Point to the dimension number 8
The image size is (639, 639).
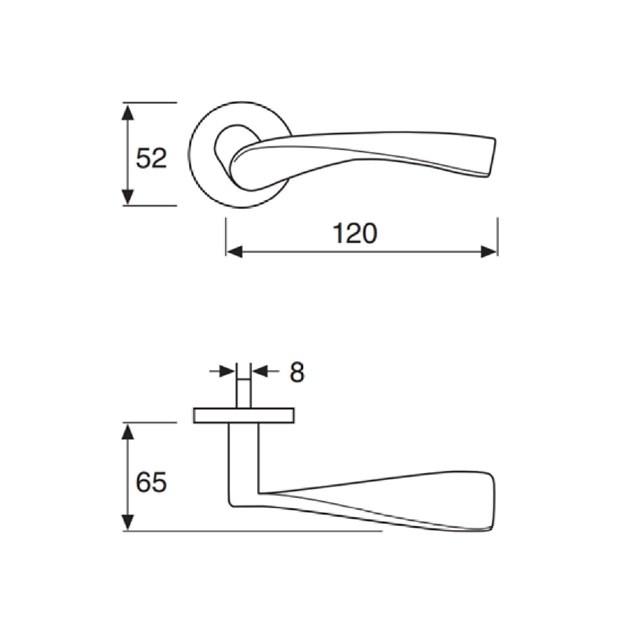click(297, 372)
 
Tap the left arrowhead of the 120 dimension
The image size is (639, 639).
click(234, 252)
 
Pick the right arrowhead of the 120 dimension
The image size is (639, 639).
click(489, 252)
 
